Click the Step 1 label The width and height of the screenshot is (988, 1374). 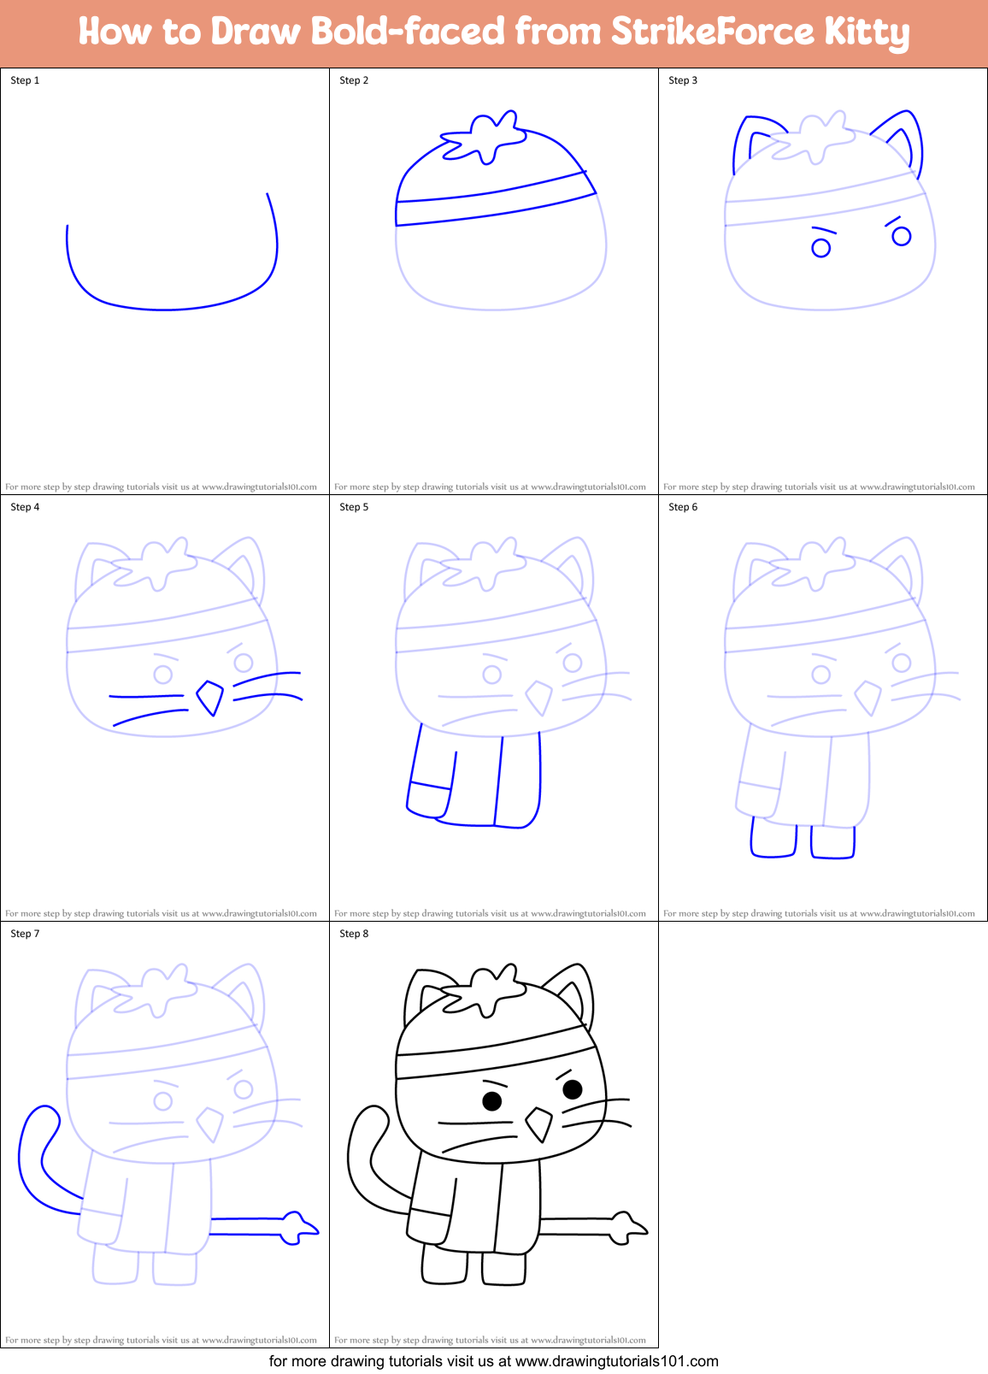[25, 80]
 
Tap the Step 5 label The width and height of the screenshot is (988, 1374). [354, 507]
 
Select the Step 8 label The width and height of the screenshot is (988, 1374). [354, 934]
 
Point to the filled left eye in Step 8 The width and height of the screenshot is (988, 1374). [492, 1101]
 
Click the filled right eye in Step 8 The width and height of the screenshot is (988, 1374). [573, 1088]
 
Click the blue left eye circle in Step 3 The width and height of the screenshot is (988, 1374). [820, 249]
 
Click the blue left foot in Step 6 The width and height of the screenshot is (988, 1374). [773, 840]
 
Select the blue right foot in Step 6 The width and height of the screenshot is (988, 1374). [832, 842]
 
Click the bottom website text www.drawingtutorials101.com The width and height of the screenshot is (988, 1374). [616, 1361]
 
